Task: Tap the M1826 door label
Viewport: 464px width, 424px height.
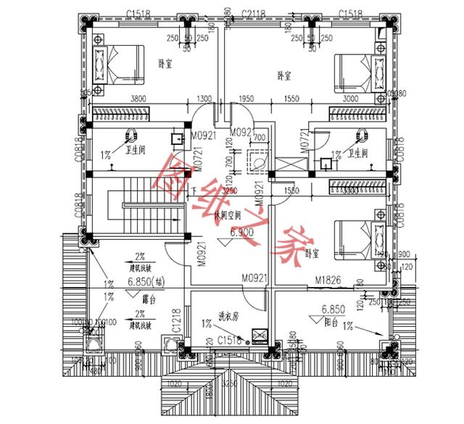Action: (328, 279)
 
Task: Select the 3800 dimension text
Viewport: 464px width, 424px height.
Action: (138, 99)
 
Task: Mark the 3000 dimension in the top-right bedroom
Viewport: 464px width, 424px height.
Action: (350, 99)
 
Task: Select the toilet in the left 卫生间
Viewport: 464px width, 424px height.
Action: (132, 136)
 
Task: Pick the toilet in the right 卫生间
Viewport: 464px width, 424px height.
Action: (318, 136)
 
